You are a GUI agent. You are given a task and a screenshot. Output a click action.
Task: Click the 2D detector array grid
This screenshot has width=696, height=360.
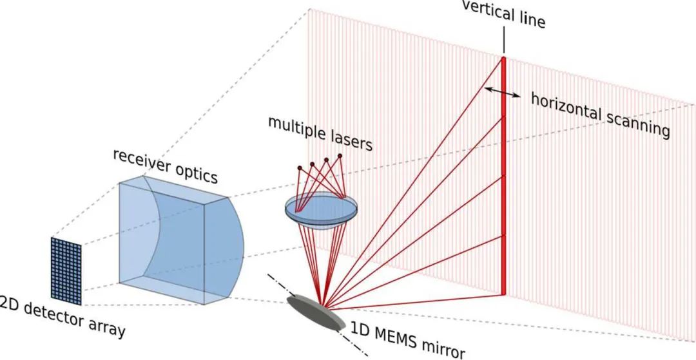(66, 271)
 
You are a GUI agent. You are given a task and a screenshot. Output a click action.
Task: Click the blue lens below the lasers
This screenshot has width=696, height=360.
(321, 211)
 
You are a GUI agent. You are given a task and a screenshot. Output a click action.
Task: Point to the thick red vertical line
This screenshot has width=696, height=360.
(504, 176)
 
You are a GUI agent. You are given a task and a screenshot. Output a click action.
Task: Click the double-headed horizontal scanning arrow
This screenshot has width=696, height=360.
(503, 92)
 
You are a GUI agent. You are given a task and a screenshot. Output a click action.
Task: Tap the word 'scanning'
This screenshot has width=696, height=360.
(637, 120)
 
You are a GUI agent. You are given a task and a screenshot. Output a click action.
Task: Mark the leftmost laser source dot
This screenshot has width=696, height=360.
(300, 168)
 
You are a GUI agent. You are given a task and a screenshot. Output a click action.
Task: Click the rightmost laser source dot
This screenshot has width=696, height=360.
(340, 156)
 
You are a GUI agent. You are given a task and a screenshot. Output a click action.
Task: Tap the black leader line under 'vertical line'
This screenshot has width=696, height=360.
(504, 41)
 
